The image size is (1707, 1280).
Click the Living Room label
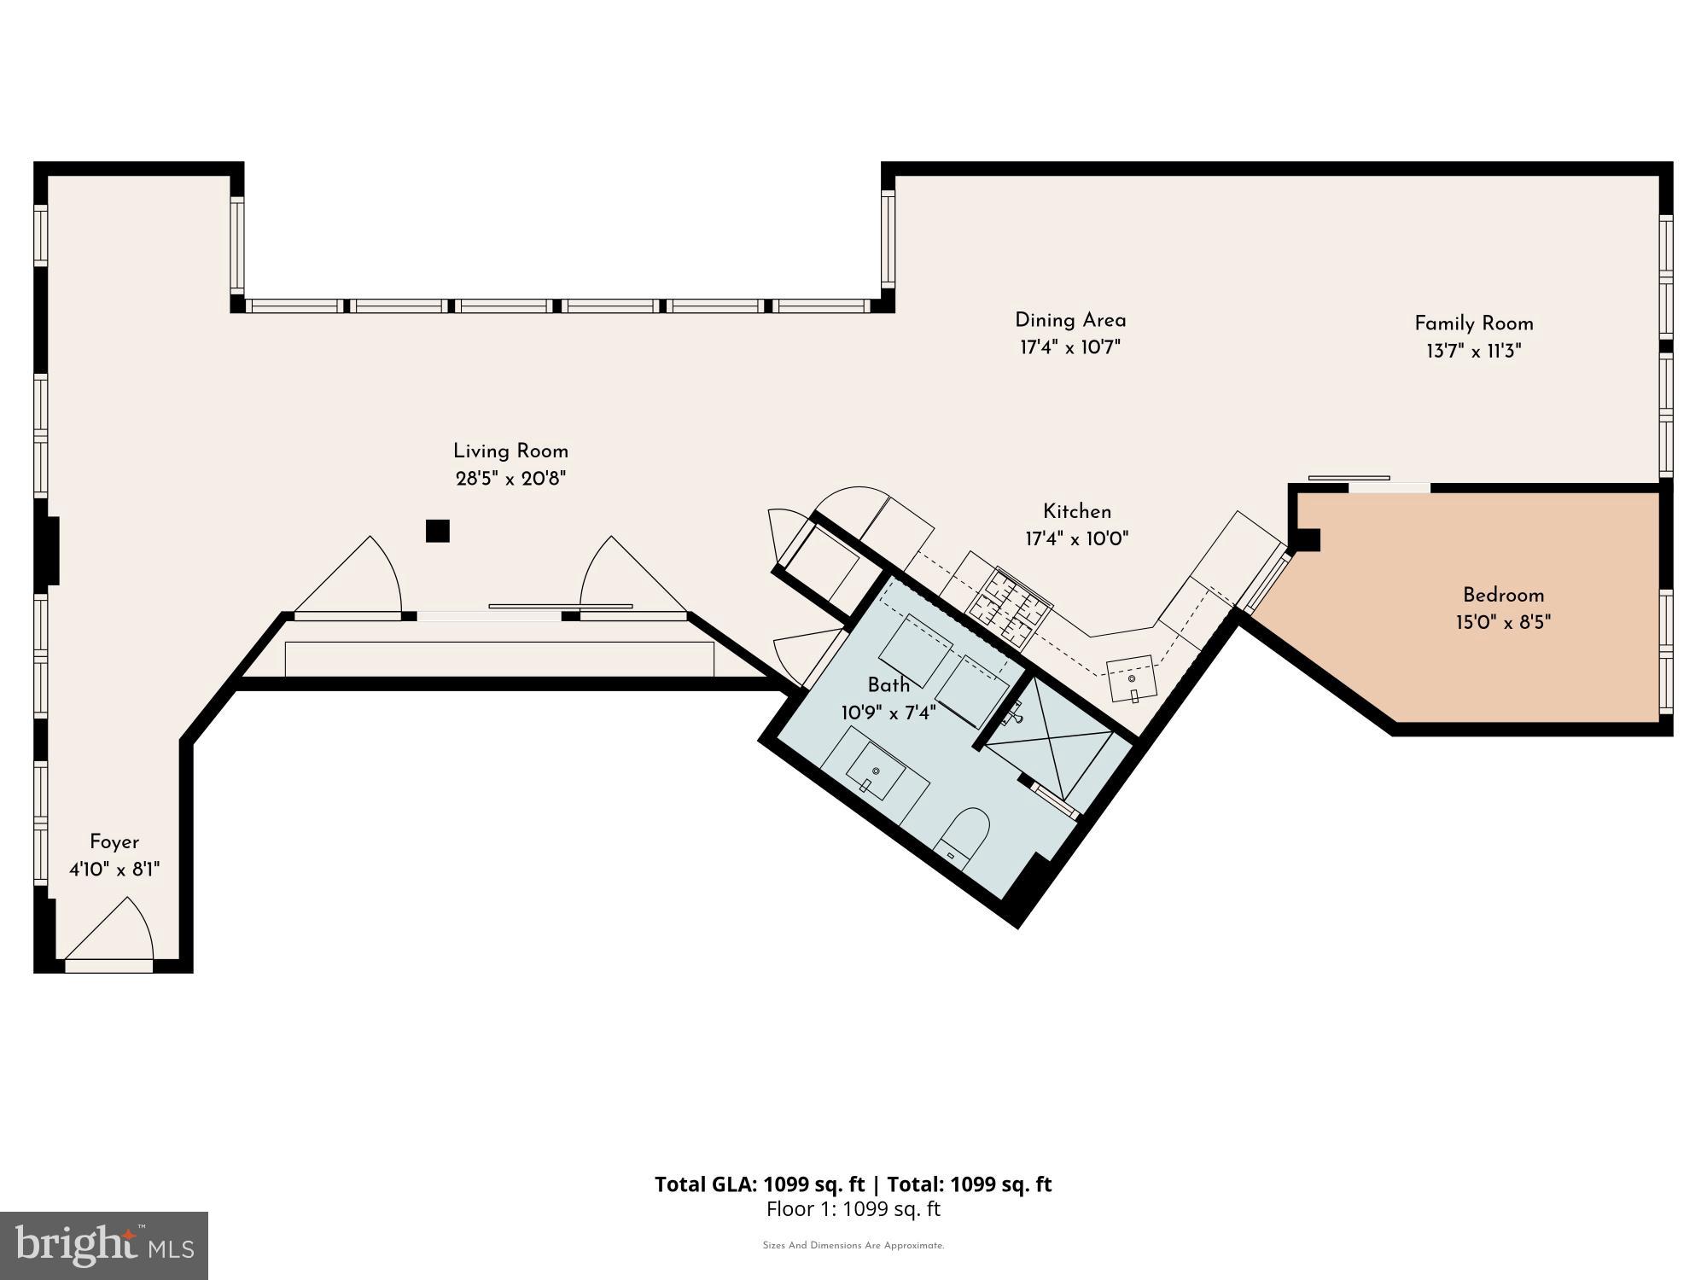click(510, 451)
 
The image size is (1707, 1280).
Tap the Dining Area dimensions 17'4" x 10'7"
click(1070, 347)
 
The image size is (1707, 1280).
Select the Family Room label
click(1474, 323)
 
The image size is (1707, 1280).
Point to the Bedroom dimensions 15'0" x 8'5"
click(1503, 622)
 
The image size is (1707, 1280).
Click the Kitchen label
click(1077, 511)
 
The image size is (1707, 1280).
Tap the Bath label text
click(888, 684)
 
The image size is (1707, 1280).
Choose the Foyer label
click(114, 842)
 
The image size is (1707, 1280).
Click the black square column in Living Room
click(438, 531)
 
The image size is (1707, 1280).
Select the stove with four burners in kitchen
click(1009, 606)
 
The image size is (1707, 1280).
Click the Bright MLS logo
click(104, 1246)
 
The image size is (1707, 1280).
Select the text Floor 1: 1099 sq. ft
click(853, 1209)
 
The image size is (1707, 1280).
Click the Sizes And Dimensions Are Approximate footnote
click(853, 1246)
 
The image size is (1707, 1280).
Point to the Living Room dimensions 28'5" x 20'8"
click(510, 479)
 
